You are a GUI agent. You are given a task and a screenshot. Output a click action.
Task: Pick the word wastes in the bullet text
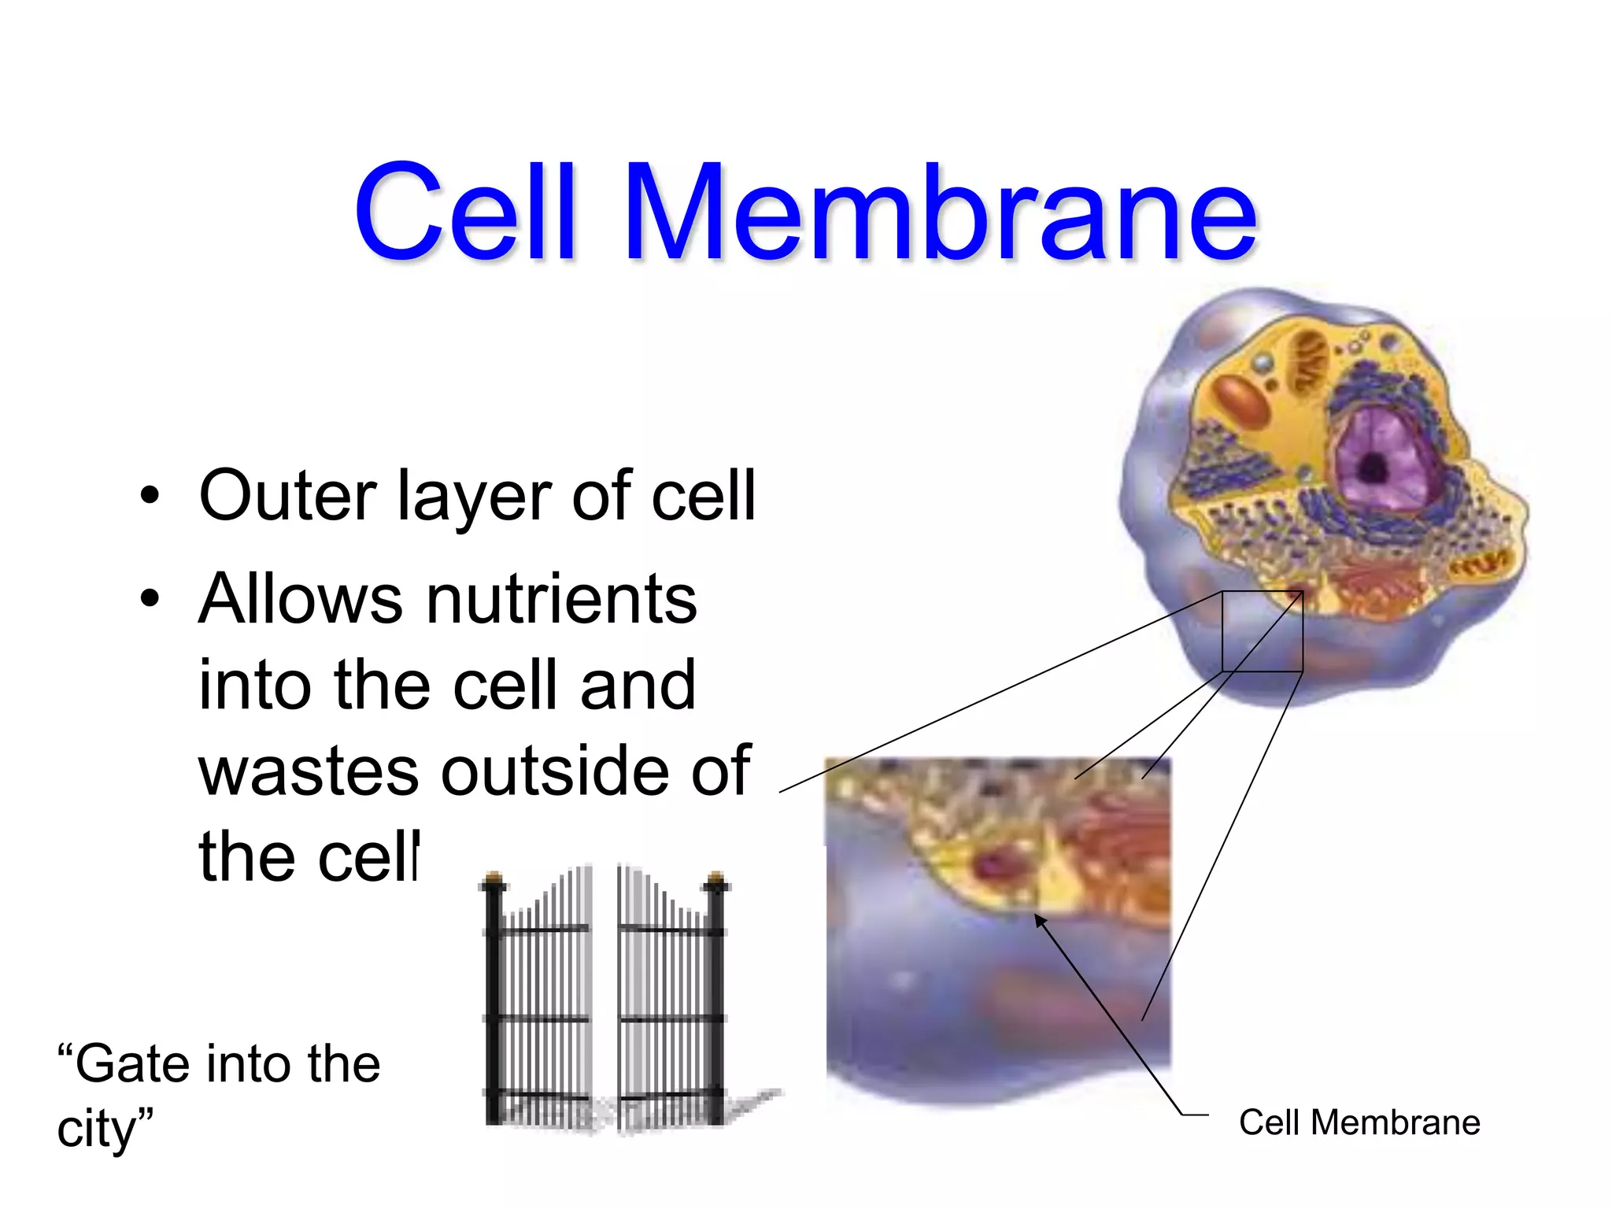click(x=309, y=771)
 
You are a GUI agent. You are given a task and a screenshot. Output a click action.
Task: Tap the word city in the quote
click(x=98, y=1130)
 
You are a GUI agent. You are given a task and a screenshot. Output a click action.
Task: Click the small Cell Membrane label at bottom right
click(x=1359, y=1123)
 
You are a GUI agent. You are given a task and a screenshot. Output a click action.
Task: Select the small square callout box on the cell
click(x=1263, y=631)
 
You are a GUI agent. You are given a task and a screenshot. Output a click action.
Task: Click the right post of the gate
click(x=716, y=1000)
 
